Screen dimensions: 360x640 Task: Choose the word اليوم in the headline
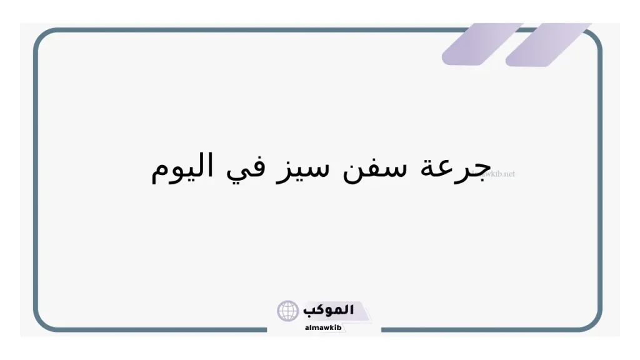(x=182, y=167)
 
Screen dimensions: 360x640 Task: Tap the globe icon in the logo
(x=288, y=311)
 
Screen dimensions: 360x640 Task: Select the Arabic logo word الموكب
(x=329, y=310)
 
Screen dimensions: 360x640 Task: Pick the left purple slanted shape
(x=481, y=44)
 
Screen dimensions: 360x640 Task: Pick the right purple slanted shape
(x=547, y=44)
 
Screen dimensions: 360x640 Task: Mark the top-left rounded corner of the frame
(x=42, y=37)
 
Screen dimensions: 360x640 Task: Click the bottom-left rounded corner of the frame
(x=42, y=322)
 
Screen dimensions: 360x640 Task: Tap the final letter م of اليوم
(x=159, y=172)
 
